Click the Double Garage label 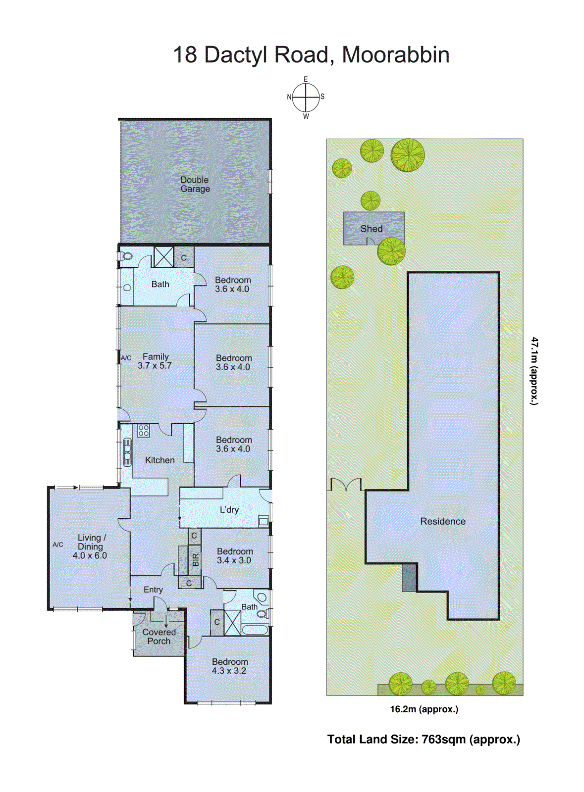tap(195, 184)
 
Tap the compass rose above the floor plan tap(306, 98)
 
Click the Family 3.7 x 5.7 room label tap(155, 361)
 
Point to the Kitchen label tap(159, 460)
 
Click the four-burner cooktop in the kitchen tap(144, 431)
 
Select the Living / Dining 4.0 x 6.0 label tap(90, 546)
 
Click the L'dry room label tap(229, 509)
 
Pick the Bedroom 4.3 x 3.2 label tap(229, 666)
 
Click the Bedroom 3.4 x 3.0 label tap(234, 555)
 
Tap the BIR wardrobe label tap(195, 560)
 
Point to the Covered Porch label tap(159, 636)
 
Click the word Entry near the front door tap(153, 590)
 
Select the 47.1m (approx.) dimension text tap(534, 371)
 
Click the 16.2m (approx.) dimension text tap(424, 709)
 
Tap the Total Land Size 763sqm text tap(424, 739)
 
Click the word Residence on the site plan tap(442, 521)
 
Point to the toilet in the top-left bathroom tap(126, 256)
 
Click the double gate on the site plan tap(346, 485)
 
